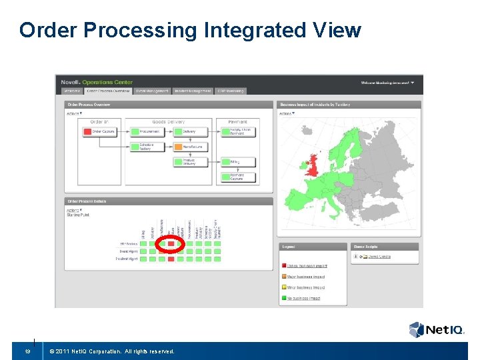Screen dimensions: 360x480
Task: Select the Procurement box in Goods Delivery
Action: coord(145,132)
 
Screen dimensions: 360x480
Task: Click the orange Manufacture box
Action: coord(191,147)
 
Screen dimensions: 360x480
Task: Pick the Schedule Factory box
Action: coord(145,147)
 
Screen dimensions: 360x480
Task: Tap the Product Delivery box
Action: coord(191,162)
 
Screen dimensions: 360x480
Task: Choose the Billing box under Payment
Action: coord(237,161)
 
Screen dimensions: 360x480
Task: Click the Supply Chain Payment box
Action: coord(237,132)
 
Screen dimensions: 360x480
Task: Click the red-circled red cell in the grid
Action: coord(171,244)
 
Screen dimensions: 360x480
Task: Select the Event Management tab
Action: coord(152,91)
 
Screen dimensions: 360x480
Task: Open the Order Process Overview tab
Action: coord(108,91)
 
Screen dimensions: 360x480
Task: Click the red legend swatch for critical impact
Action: coord(283,266)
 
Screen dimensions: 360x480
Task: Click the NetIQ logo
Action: coord(436,329)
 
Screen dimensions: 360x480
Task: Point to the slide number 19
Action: coord(27,351)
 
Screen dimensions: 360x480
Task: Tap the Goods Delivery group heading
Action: coord(169,122)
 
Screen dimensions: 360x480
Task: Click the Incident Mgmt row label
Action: coord(127,259)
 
